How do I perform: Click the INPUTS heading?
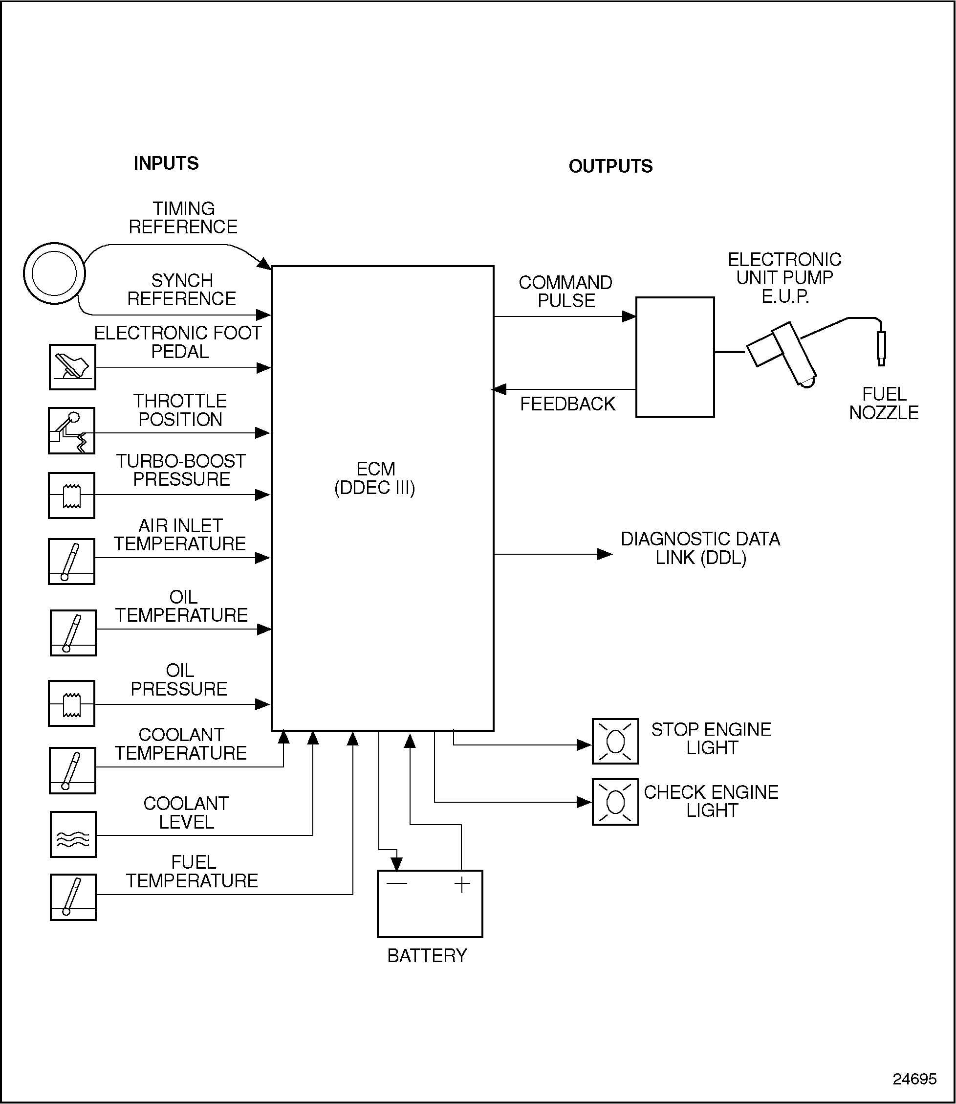(x=166, y=163)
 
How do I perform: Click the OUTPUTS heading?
(x=610, y=167)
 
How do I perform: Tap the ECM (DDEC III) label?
(x=375, y=478)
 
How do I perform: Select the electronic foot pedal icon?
(x=72, y=367)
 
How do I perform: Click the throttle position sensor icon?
(x=71, y=431)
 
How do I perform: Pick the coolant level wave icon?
(x=73, y=834)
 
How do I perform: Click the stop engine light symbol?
(x=615, y=742)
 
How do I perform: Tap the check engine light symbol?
(x=615, y=802)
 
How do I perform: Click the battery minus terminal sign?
(x=397, y=884)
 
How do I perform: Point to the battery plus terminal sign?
(x=462, y=884)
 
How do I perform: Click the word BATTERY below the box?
(x=427, y=956)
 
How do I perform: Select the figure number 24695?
(x=914, y=1079)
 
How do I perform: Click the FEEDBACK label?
(x=567, y=404)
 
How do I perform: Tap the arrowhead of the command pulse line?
(x=630, y=316)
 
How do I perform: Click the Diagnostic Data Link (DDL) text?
(x=700, y=548)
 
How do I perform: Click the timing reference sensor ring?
(x=54, y=273)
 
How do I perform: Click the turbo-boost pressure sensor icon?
(x=71, y=496)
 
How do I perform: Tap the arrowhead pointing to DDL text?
(x=605, y=555)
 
